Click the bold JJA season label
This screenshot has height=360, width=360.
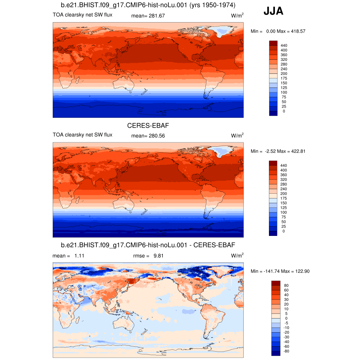coord(273,12)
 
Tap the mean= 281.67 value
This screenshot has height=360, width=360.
coord(148,15)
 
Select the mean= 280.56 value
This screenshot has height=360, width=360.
coord(148,136)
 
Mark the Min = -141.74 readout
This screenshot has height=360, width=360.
coord(263,271)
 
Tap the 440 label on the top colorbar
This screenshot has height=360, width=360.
coord(283,45)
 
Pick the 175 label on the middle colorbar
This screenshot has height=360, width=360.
coord(283,198)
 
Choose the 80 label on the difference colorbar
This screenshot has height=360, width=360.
coord(286,285)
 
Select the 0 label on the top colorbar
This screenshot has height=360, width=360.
coord(284,111)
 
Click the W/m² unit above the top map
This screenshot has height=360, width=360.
coord(237,16)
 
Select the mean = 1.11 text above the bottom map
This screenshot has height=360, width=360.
coord(68,256)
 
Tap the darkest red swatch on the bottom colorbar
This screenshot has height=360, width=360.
coord(276,283)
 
